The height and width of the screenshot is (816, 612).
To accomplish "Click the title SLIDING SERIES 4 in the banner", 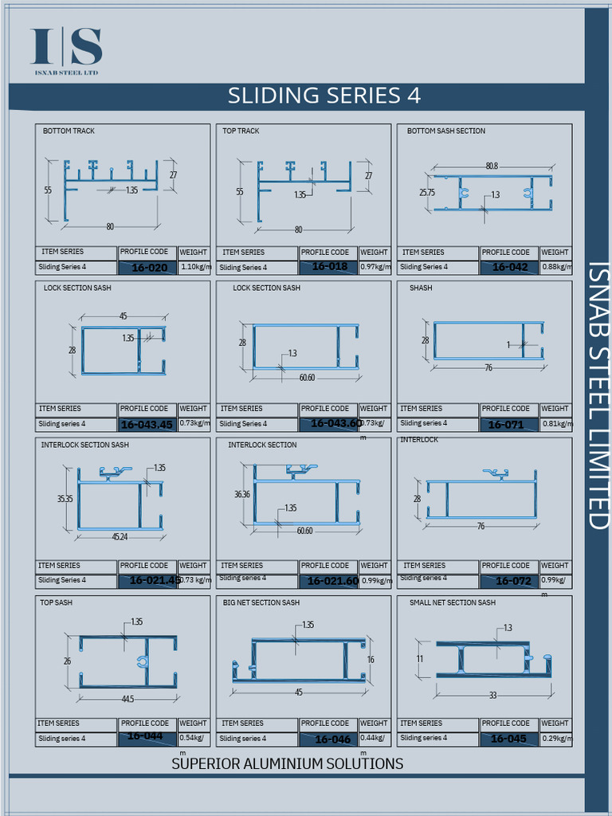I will [x=324, y=96].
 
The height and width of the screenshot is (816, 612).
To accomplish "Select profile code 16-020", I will [x=149, y=268].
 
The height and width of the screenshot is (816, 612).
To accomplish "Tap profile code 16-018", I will [x=329, y=266].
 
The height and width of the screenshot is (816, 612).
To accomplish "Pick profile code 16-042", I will [x=510, y=267].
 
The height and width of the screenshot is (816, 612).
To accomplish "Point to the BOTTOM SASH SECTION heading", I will [x=445, y=131].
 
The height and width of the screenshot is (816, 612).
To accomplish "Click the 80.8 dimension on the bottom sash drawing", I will [x=492, y=166].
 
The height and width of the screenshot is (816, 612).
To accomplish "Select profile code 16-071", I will [x=506, y=425].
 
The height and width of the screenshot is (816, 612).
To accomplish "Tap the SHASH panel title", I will [x=421, y=288].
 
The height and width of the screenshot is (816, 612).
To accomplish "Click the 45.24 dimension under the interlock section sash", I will [x=120, y=536].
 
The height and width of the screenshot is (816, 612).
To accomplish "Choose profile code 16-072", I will [x=513, y=581].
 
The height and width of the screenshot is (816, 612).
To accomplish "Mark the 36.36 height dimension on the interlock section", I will [x=241, y=494].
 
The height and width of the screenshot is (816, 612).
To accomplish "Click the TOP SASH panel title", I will [x=56, y=602].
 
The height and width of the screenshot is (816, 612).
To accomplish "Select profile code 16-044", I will [x=145, y=736].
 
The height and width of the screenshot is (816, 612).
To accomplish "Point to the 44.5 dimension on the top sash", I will [x=127, y=699].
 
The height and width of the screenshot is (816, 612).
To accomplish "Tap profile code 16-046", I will [x=332, y=739].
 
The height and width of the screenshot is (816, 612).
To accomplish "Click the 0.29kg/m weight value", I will [x=557, y=739].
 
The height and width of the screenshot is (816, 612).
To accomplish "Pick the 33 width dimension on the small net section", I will [x=492, y=696].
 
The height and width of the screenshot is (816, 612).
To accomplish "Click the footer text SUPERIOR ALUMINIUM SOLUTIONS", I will [x=287, y=763].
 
